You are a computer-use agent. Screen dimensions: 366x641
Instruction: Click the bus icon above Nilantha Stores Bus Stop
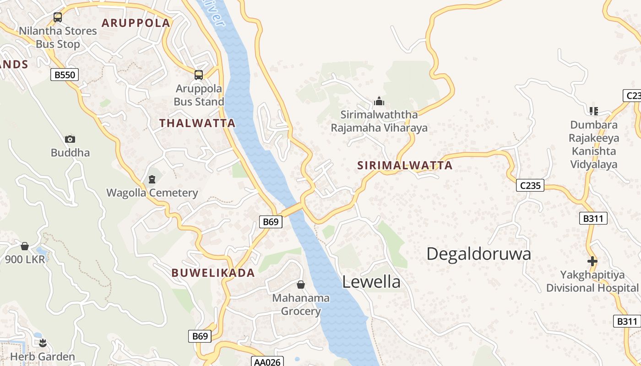click(x=58, y=17)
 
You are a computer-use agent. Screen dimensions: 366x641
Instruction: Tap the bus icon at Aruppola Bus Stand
click(x=199, y=75)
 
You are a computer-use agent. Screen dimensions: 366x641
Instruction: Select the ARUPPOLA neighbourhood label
click(x=136, y=23)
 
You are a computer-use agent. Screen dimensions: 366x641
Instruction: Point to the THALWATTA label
click(x=197, y=123)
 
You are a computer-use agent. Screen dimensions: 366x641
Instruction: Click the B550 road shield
click(x=65, y=75)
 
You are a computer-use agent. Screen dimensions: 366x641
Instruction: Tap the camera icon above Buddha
click(x=70, y=139)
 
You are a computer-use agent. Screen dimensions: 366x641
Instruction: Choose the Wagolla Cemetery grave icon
click(x=152, y=179)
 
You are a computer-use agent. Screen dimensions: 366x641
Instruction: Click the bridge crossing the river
click(x=292, y=209)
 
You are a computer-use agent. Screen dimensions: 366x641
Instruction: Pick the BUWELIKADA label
click(x=213, y=273)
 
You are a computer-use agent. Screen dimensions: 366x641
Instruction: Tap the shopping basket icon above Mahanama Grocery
click(x=301, y=285)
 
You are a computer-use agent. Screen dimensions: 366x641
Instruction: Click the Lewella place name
click(x=371, y=282)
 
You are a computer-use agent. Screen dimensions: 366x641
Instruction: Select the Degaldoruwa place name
click(x=478, y=254)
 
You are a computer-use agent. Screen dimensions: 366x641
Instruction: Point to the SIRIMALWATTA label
click(x=405, y=166)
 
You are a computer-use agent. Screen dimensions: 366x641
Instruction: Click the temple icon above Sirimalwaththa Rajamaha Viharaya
click(x=379, y=101)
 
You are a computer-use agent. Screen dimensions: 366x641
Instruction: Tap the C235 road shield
click(x=530, y=185)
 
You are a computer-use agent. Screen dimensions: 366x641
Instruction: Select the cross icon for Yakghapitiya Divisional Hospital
click(x=592, y=261)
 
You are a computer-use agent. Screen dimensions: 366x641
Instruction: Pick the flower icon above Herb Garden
click(x=43, y=343)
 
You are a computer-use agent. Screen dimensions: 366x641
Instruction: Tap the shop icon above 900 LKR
click(x=25, y=246)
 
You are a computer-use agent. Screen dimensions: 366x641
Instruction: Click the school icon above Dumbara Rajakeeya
click(x=594, y=110)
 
